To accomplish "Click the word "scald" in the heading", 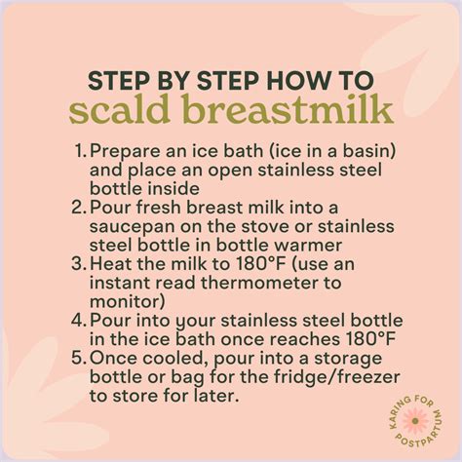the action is pos(120,109).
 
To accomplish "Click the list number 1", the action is pos(80,152).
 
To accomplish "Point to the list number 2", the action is pos(79,208).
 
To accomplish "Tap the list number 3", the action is pos(79,264).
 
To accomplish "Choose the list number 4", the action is pos(79,320).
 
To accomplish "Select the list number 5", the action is pos(79,358).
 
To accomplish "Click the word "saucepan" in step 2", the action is pos(133,227).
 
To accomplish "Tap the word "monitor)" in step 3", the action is pos(128,302).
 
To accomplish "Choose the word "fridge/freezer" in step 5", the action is pos(337,377).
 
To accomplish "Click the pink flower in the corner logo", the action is pos(415,421).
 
